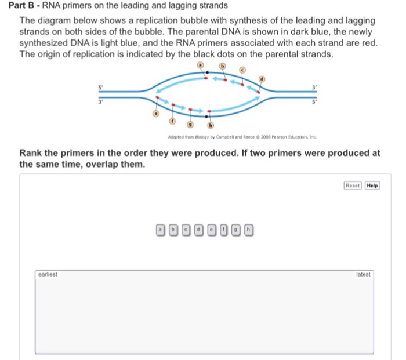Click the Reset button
tap(353, 186)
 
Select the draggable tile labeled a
tap(159, 230)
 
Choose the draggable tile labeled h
tap(249, 230)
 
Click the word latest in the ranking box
tap(364, 273)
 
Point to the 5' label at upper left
tap(100, 86)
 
